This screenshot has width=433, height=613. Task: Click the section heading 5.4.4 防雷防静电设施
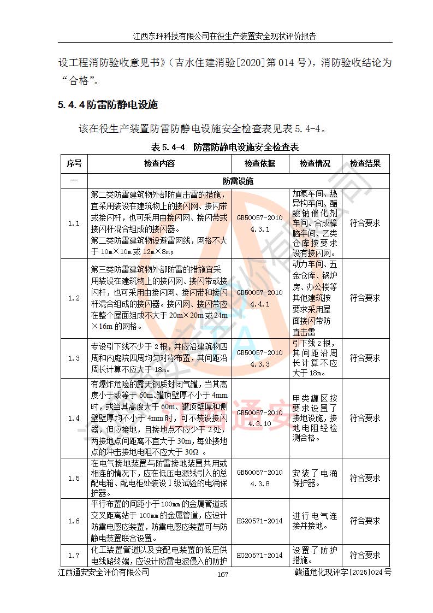click(108, 104)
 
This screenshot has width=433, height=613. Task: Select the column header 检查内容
click(159, 163)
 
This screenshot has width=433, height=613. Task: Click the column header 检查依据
click(259, 163)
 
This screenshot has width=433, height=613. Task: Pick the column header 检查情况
click(315, 163)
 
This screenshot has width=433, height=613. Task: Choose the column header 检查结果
click(365, 163)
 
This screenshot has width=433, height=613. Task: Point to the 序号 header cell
click(74, 163)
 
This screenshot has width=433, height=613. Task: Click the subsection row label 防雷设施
click(238, 181)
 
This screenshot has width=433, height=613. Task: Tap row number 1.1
click(74, 223)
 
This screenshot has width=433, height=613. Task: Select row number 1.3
click(74, 358)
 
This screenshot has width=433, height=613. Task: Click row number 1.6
click(74, 521)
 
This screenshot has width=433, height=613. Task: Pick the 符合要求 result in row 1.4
click(365, 418)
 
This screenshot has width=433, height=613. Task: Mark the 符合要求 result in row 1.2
click(365, 298)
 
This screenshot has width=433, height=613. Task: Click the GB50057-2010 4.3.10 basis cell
click(259, 418)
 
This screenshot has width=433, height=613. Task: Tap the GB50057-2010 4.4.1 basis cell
click(259, 298)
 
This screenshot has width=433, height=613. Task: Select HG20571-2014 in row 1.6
click(259, 521)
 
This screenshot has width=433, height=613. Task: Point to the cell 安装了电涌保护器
click(315, 478)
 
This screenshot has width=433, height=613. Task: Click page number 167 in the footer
click(222, 574)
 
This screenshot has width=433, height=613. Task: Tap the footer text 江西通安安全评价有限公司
click(104, 572)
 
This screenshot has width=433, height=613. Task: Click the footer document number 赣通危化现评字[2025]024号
click(342, 572)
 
